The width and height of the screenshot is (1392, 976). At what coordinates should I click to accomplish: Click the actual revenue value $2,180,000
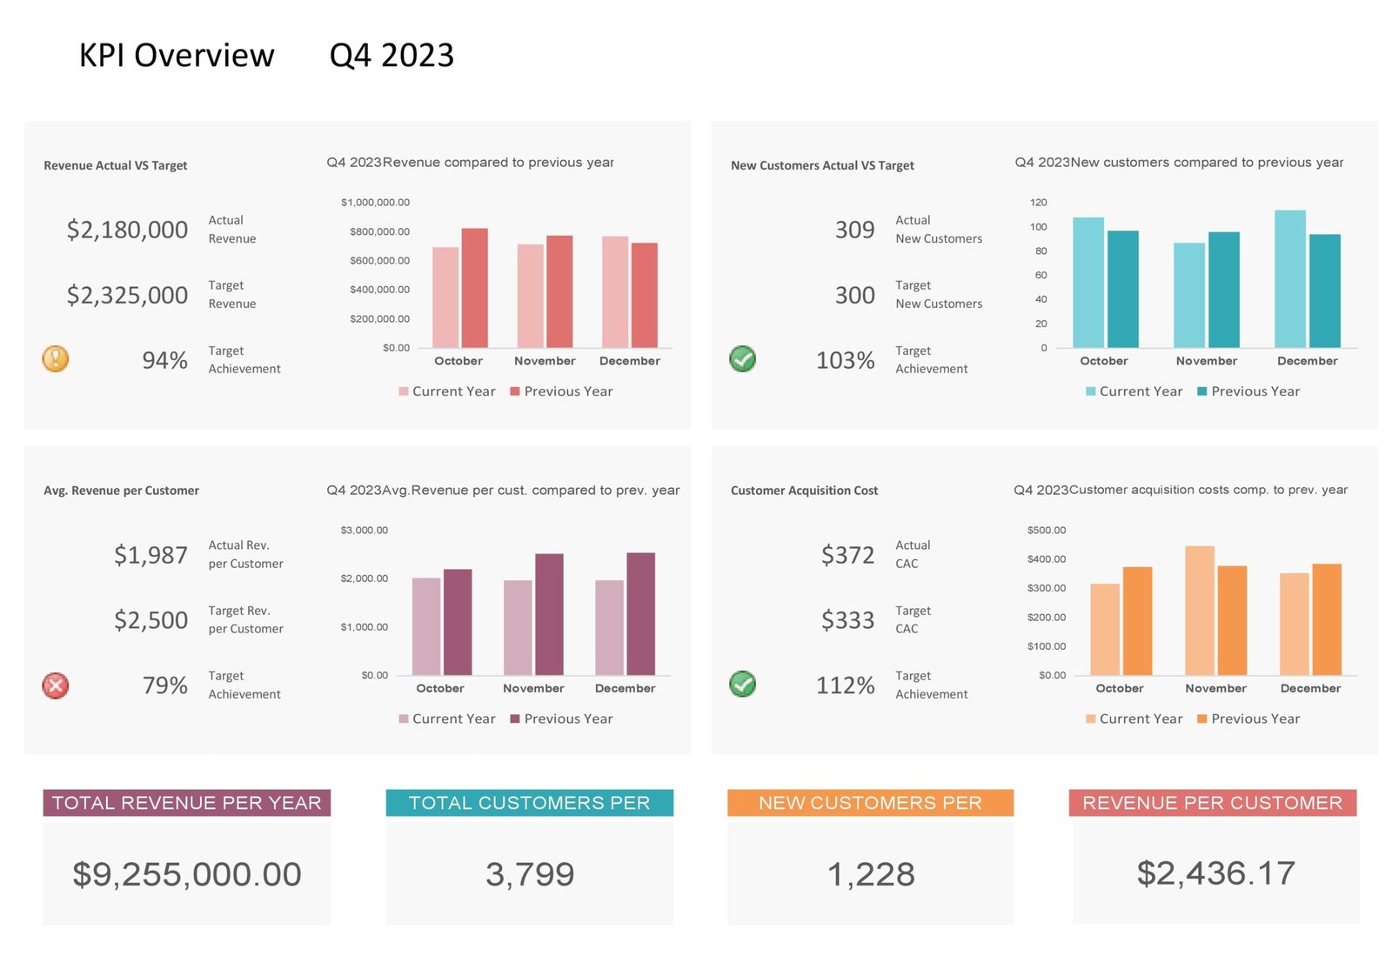pos(127,230)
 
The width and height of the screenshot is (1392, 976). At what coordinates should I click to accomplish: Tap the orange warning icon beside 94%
pos(56,358)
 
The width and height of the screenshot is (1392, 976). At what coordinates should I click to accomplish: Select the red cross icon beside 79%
pos(56,685)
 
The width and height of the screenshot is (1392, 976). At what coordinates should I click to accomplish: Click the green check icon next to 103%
pos(742,358)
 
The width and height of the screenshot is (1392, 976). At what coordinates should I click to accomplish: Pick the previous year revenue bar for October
pos(474,288)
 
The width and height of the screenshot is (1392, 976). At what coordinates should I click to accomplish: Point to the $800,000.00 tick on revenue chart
pos(379,231)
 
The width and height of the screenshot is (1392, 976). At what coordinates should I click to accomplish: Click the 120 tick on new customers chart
pos(1038,203)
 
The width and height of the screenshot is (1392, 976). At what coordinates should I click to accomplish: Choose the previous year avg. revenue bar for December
pos(640,613)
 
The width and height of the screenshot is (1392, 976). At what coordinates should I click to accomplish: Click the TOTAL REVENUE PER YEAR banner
pos(186,802)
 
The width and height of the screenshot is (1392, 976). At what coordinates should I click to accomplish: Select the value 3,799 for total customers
pos(529,874)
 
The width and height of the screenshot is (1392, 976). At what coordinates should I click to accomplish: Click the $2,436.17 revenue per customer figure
pos(1215,873)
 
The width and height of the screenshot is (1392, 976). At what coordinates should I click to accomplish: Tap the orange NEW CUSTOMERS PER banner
pos(870,802)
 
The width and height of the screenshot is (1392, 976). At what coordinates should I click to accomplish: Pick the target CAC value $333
pos(847,620)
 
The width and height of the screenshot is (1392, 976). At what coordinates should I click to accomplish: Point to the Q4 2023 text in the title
pos(391,56)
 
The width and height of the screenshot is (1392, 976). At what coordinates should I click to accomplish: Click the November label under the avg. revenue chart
pos(533,688)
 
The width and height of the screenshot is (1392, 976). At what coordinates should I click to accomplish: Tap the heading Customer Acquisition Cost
pos(804,491)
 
